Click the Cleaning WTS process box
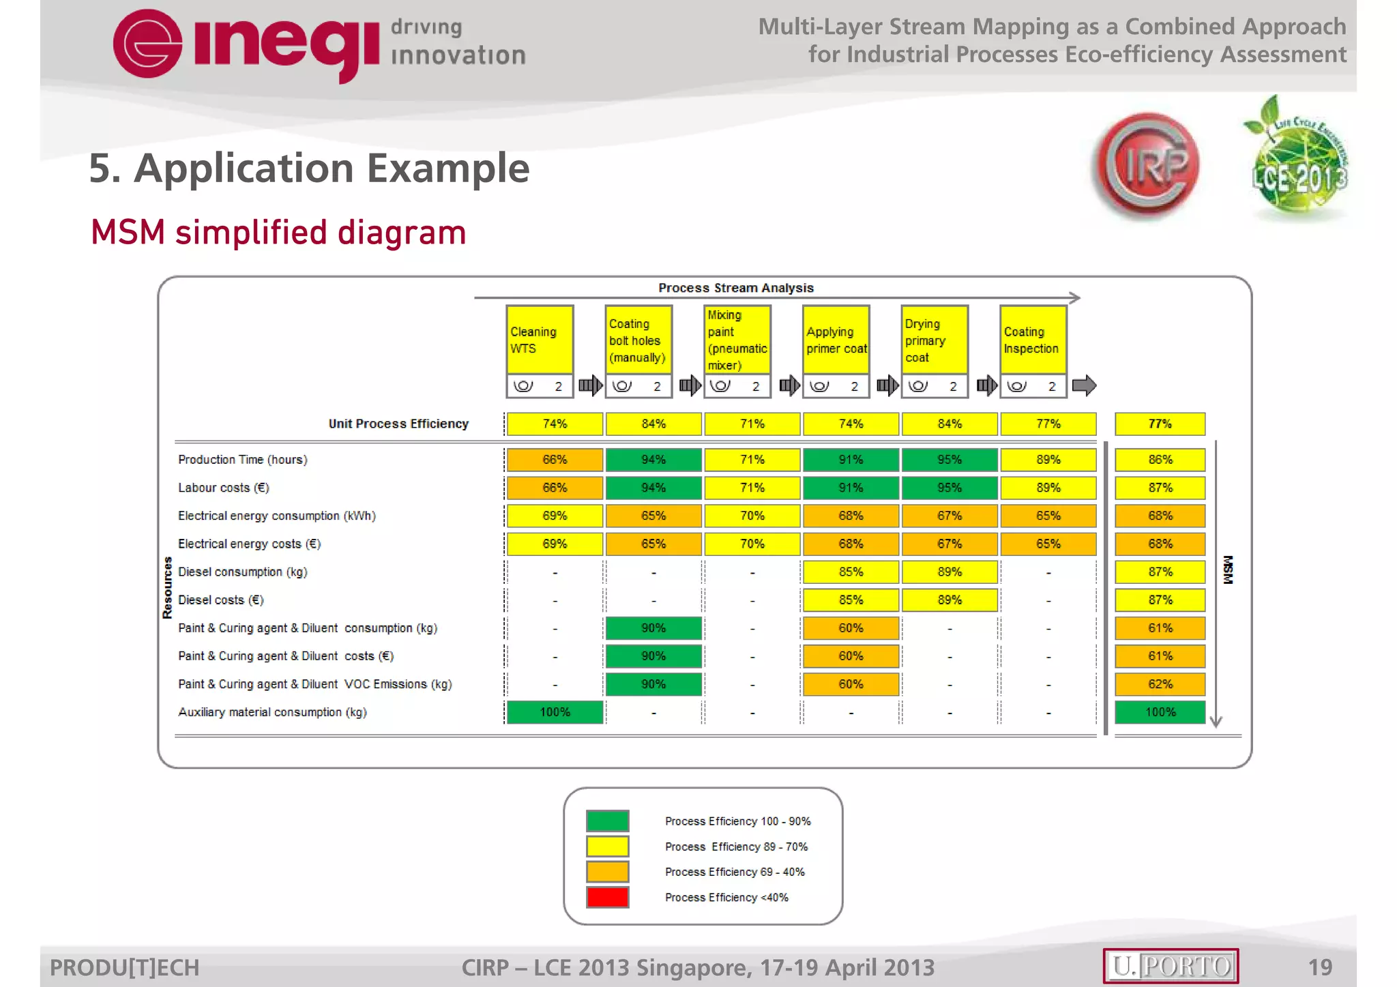click(539, 340)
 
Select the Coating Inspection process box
click(1033, 340)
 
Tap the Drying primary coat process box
click(934, 340)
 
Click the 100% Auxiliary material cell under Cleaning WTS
click(555, 712)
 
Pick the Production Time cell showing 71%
click(752, 460)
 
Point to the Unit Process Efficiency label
click(398, 424)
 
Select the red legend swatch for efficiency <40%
click(607, 897)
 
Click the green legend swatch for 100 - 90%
click(607, 821)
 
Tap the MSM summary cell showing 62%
click(1160, 684)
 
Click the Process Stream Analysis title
click(735, 288)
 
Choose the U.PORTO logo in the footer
click(1171, 966)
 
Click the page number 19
click(1320, 967)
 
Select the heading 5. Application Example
click(309, 168)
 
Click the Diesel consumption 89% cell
click(950, 572)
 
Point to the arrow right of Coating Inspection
click(1084, 386)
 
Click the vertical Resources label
click(167, 587)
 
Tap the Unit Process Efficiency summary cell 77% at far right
click(1160, 424)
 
